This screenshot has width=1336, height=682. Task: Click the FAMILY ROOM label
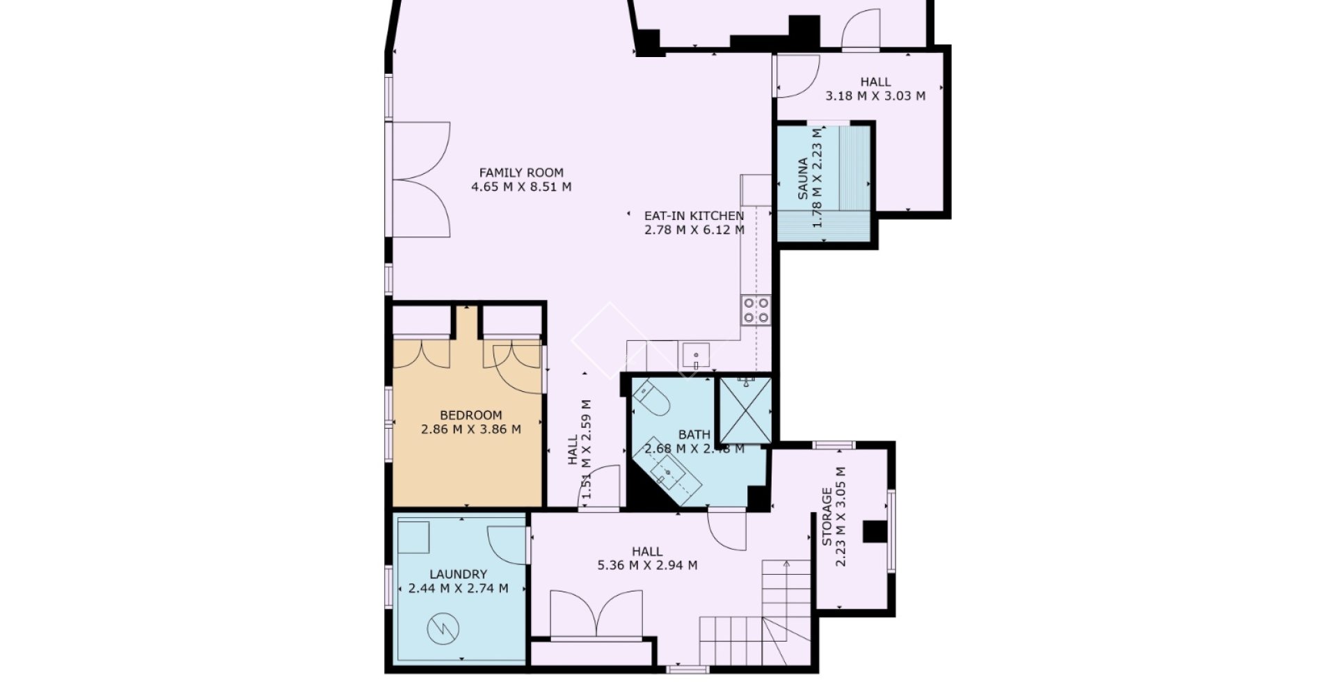click(521, 173)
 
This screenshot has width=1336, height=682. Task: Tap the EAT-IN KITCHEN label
click(694, 216)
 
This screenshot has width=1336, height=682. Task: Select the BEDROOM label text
click(471, 415)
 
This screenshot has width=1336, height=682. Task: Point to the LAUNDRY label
click(458, 574)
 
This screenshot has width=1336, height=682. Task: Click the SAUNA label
click(803, 179)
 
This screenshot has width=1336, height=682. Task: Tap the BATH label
click(694, 435)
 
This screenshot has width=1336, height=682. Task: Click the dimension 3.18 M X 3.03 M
click(875, 96)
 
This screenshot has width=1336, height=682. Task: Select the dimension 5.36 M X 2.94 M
click(647, 566)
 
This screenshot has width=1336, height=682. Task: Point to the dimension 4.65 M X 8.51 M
click(521, 187)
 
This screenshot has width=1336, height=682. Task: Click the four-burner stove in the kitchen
click(756, 310)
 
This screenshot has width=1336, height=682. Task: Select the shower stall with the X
click(745, 411)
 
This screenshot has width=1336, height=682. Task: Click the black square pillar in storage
click(875, 532)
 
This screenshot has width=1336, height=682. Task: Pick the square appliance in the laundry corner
click(413, 537)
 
